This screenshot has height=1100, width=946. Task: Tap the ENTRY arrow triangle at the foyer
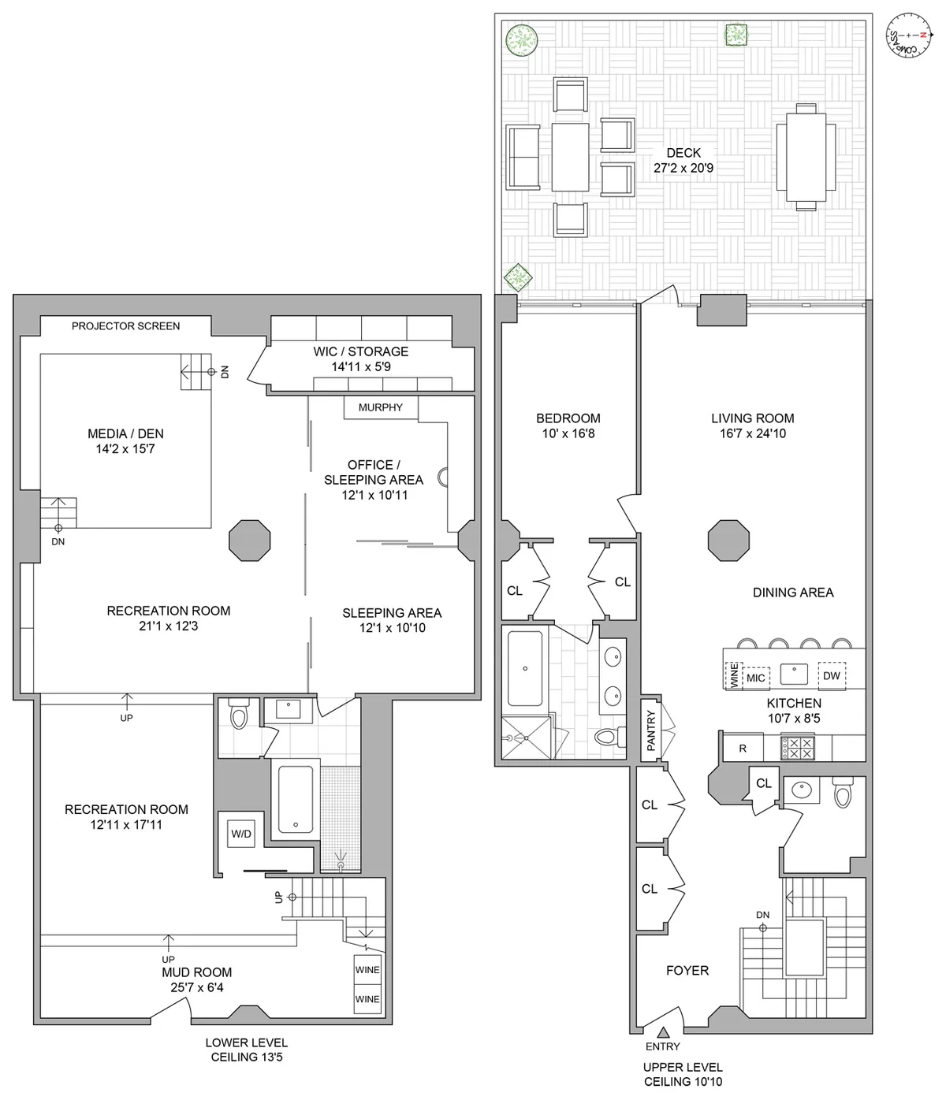663,1032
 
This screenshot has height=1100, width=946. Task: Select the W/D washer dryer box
240,833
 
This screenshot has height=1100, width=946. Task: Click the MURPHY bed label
381,407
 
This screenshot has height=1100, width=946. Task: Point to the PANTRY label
651,730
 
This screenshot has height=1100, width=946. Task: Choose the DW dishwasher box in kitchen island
832,675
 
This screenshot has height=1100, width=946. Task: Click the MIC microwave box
755,678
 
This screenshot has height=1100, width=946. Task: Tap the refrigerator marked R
743,749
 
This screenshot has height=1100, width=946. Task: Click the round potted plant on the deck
522,39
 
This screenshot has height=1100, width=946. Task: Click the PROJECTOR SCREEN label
126,325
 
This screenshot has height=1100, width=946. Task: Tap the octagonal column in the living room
728,541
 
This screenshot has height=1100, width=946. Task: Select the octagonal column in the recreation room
250,541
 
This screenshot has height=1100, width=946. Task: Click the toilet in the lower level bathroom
239,716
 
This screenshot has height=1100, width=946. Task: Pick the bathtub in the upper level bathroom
525,668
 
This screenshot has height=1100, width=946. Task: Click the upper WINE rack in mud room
367,970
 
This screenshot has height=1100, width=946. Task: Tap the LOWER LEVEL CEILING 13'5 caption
247,1050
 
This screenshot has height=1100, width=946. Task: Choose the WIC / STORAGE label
360,359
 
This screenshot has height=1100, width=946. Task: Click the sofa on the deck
523,158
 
